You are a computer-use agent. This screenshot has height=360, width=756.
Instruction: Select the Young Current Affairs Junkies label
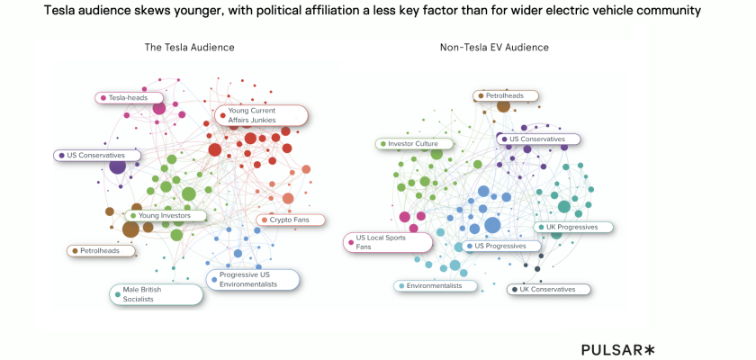[x=261, y=115]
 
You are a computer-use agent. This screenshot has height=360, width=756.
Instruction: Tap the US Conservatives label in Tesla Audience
[x=97, y=155]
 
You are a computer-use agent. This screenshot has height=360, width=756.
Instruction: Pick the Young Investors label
[x=166, y=215]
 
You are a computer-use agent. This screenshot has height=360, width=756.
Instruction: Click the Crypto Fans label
[x=292, y=220]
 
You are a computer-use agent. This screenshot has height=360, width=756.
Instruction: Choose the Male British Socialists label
[x=155, y=294]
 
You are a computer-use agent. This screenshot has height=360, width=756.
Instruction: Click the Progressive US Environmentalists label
[x=252, y=279]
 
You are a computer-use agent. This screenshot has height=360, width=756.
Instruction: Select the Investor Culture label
[x=414, y=143]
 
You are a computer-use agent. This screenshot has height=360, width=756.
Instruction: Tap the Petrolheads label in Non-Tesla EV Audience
[x=507, y=95]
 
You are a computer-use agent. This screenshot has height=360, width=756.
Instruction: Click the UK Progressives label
[x=573, y=227]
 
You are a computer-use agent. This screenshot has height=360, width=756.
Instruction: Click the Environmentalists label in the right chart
[x=435, y=285]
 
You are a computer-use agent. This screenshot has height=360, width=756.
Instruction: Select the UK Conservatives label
[x=548, y=289]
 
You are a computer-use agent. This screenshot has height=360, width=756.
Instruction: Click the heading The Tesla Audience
[x=190, y=47]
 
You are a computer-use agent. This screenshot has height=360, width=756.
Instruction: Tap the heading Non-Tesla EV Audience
[x=494, y=47]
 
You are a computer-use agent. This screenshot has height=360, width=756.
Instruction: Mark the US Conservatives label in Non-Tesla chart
[x=538, y=139]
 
